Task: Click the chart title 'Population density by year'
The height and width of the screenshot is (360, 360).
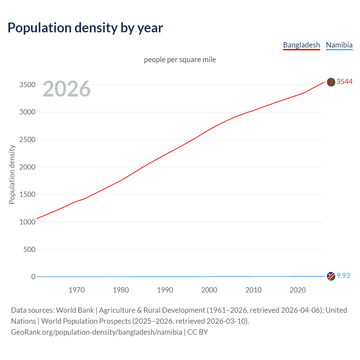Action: point(85,28)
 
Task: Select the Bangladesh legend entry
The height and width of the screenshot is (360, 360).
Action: point(301,45)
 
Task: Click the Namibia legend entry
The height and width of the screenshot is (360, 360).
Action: point(339,45)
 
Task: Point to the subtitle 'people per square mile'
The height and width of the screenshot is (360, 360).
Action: point(180,60)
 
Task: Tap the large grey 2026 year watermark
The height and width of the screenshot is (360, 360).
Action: point(67,89)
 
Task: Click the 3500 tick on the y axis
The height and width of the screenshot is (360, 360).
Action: point(27,85)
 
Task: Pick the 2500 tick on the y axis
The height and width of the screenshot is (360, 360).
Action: point(27,139)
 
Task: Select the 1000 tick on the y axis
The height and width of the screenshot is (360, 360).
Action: point(27,222)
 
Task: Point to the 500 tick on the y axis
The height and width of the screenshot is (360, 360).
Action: point(29,249)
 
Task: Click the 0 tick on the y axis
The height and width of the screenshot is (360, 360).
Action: point(33,277)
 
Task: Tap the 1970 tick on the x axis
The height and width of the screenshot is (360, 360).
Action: point(76,290)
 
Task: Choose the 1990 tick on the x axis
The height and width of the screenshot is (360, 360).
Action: point(165,290)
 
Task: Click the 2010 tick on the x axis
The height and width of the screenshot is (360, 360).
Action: point(253,290)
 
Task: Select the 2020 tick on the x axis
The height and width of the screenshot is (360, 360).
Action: point(298,290)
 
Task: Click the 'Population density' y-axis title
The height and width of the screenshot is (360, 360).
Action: point(12,174)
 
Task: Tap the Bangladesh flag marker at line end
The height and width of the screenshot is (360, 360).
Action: point(331,82)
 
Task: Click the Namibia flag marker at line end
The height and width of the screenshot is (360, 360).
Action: point(331,276)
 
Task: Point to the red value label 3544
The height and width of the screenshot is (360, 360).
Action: point(345,82)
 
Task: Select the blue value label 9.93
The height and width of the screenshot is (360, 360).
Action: point(343,276)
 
